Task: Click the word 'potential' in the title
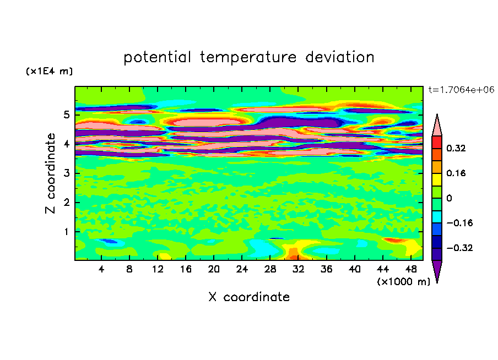158,57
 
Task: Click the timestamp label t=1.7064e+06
461,89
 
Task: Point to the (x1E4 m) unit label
49,72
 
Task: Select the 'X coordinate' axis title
249,297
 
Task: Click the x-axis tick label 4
101,270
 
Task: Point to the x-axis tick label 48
410,270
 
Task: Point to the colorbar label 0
449,198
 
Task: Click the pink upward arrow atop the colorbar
437,125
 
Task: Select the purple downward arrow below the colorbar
437,271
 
